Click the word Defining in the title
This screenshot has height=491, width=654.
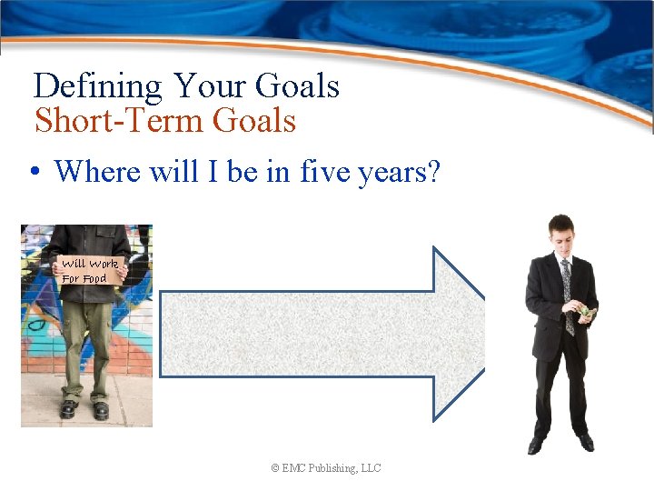coord(98,87)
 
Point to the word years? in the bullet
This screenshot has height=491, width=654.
coord(395,173)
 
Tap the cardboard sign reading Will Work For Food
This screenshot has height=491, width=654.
coord(88,271)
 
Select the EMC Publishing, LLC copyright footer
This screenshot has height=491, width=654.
coord(325,468)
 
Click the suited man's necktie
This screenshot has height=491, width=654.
coord(569,291)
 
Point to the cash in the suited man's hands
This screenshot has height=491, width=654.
coord(587,313)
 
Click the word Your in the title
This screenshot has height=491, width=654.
coord(209,87)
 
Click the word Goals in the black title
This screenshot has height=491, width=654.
coord(296,87)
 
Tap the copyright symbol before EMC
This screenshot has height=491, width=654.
coord(274,468)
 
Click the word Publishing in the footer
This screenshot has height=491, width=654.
coord(333,468)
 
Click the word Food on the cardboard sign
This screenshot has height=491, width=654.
coord(94,279)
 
